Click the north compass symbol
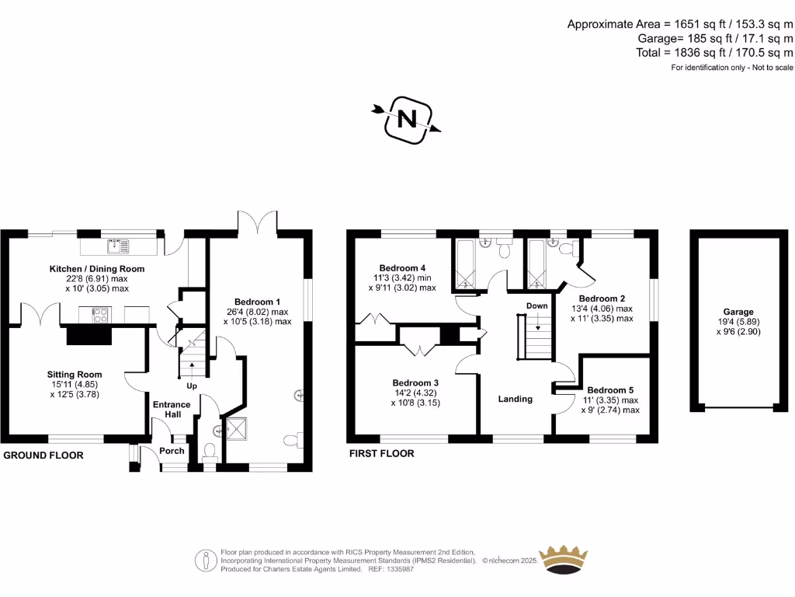pos(408,119)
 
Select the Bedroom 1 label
pos(257,302)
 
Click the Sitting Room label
pos(75,375)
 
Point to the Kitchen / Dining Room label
pos(97,269)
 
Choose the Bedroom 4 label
pos(402,267)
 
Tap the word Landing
pos(515,399)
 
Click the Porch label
pos(172,451)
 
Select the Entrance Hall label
pos(172,410)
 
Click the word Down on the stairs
pos(536,306)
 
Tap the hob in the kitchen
pos(101,314)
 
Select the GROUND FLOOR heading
pos(43,455)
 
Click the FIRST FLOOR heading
pos(381,453)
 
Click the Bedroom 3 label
pos(415,382)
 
